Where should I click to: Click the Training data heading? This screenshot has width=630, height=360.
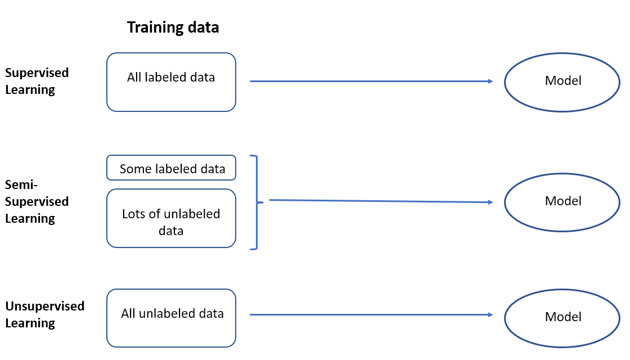pyautogui.click(x=173, y=27)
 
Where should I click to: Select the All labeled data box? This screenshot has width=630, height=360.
pyautogui.click(x=171, y=82)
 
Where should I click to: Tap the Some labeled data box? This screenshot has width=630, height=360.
pyautogui.click(x=171, y=168)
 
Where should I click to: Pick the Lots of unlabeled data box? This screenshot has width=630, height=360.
pyautogui.click(x=171, y=218)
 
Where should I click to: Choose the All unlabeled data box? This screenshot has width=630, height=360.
pyautogui.click(x=171, y=318)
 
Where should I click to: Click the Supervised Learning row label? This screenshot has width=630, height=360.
pyautogui.click(x=37, y=81)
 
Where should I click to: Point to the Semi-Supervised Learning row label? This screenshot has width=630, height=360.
pyautogui.click(x=37, y=201)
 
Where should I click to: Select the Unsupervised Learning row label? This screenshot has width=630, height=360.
pyautogui.click(x=45, y=314)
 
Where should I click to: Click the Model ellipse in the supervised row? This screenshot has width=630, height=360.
pyautogui.click(x=562, y=81)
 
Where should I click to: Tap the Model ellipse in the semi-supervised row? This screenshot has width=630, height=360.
pyautogui.click(x=562, y=201)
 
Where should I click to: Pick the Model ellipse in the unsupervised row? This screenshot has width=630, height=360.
pyautogui.click(x=562, y=317)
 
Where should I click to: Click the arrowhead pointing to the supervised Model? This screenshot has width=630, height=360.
pyautogui.click(x=490, y=82)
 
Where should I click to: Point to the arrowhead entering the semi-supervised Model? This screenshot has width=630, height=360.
pyautogui.click(x=490, y=202)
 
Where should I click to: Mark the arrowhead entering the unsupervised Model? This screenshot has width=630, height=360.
pyautogui.click(x=490, y=315)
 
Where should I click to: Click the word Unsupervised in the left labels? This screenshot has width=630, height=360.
pyautogui.click(x=45, y=306)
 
